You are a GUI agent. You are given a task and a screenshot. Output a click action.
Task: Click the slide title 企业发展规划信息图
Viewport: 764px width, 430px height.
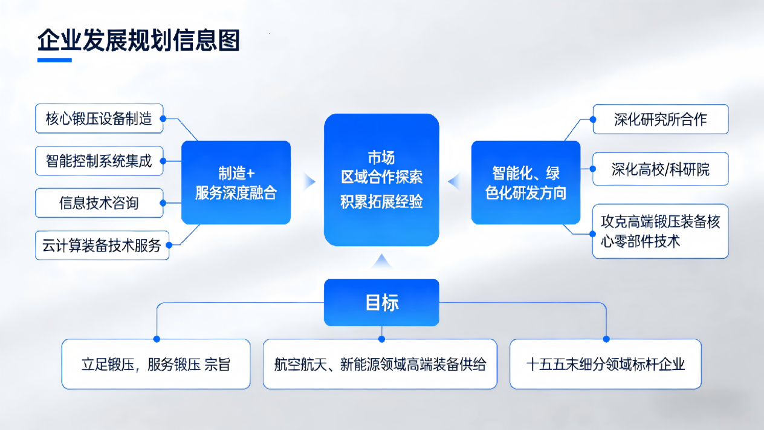pos(138,41)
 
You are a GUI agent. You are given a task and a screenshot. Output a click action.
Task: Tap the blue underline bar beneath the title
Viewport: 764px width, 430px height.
pos(54,60)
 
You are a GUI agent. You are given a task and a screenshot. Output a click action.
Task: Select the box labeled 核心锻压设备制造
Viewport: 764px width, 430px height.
pos(99,119)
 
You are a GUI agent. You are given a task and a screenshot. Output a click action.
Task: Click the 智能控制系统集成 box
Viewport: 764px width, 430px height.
pos(99,161)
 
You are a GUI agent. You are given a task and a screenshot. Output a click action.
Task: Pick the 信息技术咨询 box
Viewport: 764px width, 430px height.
pos(99,203)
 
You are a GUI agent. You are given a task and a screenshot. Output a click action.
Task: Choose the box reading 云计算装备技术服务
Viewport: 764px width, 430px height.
pos(102,246)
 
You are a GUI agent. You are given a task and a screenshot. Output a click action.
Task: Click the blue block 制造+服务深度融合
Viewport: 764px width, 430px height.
pos(236,183)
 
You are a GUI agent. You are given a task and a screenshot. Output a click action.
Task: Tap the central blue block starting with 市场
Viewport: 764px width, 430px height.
pos(381,180)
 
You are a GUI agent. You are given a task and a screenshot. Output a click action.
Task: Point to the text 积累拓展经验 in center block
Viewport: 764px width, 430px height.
pos(381,202)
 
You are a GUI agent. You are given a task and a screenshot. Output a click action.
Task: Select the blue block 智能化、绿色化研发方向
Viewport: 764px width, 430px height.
pos(525,183)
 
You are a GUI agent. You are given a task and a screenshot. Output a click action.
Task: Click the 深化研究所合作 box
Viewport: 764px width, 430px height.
pos(660,119)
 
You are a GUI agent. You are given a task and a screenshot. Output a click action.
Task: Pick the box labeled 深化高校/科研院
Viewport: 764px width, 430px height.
pos(660,169)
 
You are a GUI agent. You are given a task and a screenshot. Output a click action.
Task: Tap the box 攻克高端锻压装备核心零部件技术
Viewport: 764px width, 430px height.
pos(660,231)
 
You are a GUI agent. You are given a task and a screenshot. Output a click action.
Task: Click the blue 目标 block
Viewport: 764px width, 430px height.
pos(381,302)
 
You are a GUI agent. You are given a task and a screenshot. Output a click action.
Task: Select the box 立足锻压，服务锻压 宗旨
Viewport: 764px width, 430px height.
pos(156,364)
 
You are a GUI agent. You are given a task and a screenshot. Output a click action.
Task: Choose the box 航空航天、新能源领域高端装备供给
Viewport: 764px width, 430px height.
pos(380,364)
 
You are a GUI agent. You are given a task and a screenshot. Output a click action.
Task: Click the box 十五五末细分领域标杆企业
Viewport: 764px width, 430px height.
pos(606,364)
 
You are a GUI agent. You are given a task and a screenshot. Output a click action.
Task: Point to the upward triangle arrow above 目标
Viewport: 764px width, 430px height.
pos(381,262)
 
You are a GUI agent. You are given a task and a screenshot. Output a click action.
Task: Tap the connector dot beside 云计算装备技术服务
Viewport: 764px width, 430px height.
pos(169,245)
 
